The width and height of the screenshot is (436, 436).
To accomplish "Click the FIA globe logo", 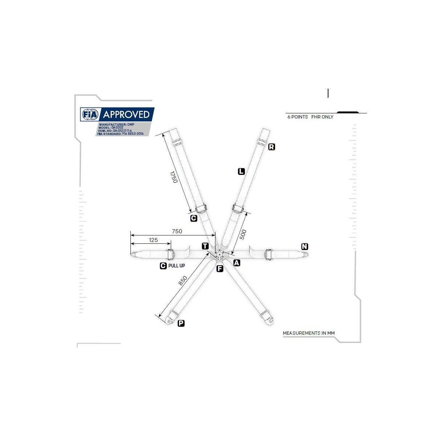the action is click(x=90, y=114).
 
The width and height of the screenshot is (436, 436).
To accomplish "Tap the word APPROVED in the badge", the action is click(x=126, y=114).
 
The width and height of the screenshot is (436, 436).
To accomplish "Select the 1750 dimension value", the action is click(x=174, y=177).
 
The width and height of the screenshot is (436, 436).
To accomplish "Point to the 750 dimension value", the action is click(x=177, y=231).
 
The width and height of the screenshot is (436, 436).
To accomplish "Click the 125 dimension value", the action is click(x=153, y=240).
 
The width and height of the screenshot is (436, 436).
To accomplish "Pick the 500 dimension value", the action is click(x=243, y=234).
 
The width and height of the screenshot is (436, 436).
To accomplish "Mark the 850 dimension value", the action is click(x=183, y=280).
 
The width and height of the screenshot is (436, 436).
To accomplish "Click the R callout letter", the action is click(x=271, y=147).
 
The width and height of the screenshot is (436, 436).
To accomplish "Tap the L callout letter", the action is click(x=241, y=171).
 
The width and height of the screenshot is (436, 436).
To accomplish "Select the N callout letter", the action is click(x=305, y=246).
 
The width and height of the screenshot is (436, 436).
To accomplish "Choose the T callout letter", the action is click(x=205, y=246).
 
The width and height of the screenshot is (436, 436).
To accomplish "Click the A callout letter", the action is click(x=237, y=263).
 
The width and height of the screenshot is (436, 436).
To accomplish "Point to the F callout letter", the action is click(x=220, y=269).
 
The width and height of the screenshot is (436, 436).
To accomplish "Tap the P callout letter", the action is click(x=181, y=323).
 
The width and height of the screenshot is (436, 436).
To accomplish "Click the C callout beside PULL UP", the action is click(x=163, y=266).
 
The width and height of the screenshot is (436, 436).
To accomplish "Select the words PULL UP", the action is click(x=177, y=266).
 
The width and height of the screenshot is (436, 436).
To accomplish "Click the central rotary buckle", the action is click(x=219, y=254).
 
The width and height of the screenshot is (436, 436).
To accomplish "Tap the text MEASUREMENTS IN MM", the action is click(x=308, y=333).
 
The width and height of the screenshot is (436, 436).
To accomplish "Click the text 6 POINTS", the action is click(x=298, y=117).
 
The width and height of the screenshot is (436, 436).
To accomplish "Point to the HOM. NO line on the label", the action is click(x=115, y=131).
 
